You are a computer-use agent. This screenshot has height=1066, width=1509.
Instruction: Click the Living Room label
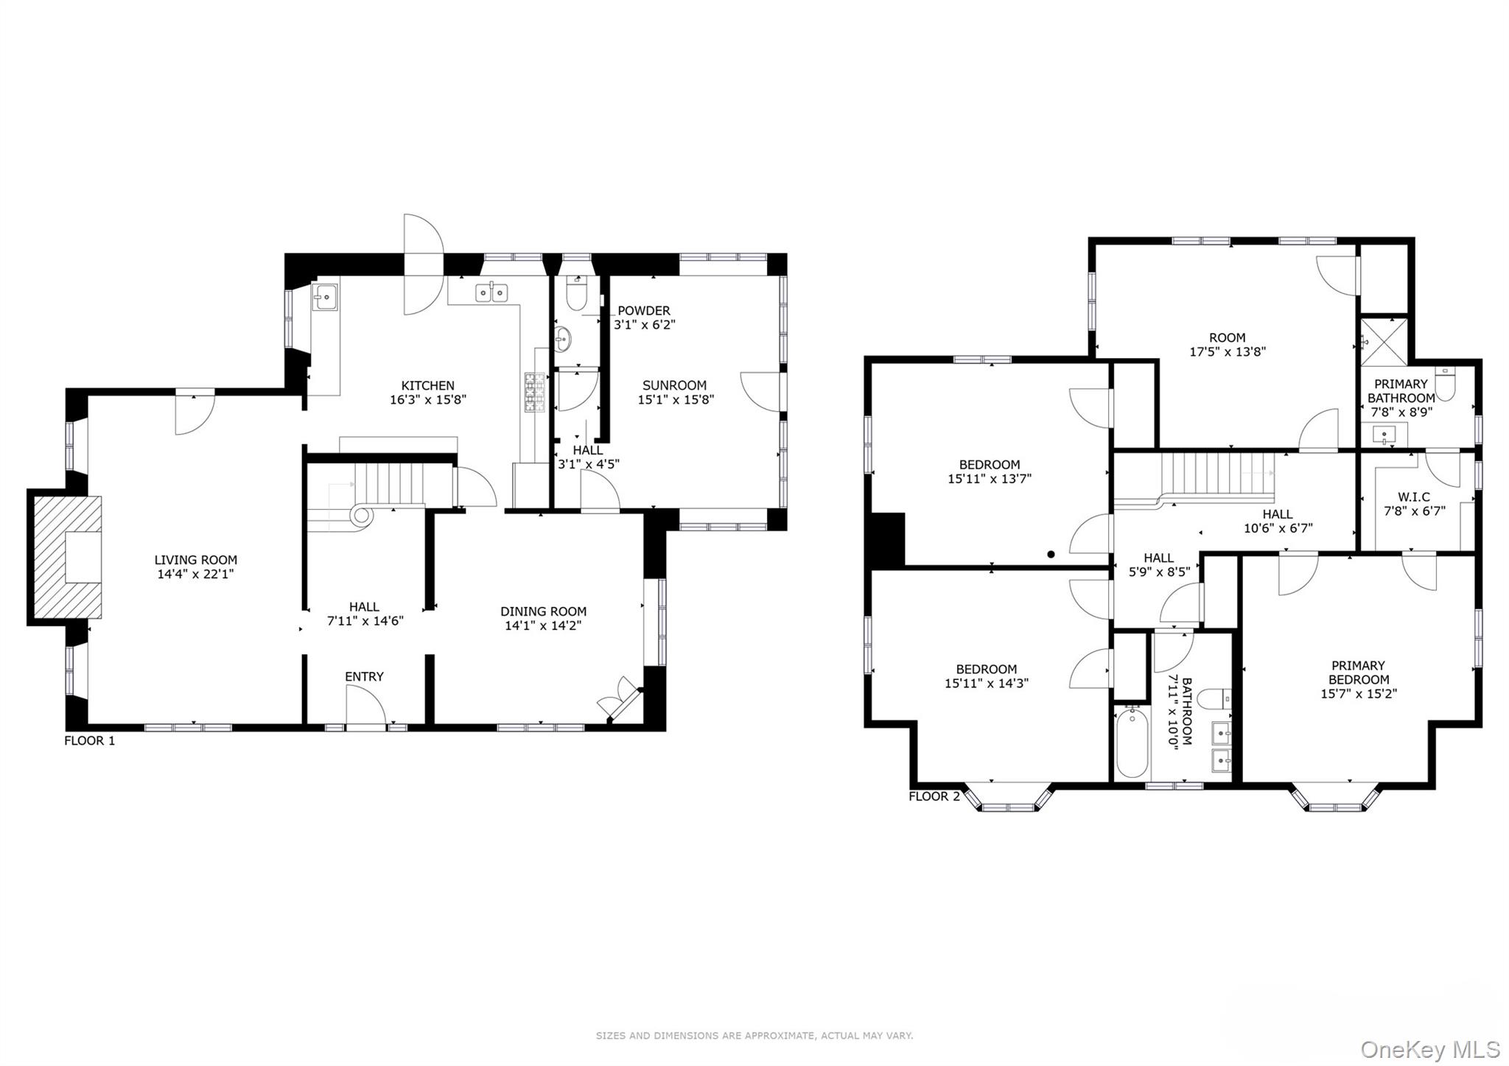click(x=195, y=560)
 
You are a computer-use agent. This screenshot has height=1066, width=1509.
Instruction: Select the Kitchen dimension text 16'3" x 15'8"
click(x=427, y=400)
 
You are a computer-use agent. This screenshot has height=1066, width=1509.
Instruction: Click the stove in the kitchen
click(x=536, y=392)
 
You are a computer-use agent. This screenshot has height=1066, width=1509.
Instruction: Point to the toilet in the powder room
click(x=575, y=295)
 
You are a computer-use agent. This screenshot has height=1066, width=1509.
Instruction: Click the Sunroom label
click(x=674, y=385)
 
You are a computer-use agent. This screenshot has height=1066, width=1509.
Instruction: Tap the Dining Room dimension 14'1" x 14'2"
click(x=543, y=625)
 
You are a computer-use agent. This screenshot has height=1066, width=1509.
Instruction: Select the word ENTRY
click(x=364, y=676)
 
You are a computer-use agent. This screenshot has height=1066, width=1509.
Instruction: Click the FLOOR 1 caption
click(x=89, y=740)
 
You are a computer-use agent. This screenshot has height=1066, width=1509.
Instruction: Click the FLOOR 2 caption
click(x=934, y=796)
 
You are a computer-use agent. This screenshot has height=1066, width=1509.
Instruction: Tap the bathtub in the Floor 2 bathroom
click(x=1131, y=742)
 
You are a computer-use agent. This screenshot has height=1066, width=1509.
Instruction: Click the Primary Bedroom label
click(x=1358, y=672)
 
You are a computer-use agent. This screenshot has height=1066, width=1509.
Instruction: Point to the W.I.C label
click(x=1414, y=497)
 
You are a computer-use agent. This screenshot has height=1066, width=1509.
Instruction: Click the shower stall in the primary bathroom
click(x=1384, y=341)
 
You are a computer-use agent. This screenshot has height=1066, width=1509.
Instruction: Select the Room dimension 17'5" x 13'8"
click(x=1228, y=352)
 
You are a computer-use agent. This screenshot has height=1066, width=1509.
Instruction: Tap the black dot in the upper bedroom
click(x=1051, y=554)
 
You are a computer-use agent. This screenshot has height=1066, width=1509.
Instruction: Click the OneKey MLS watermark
click(x=1429, y=1049)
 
